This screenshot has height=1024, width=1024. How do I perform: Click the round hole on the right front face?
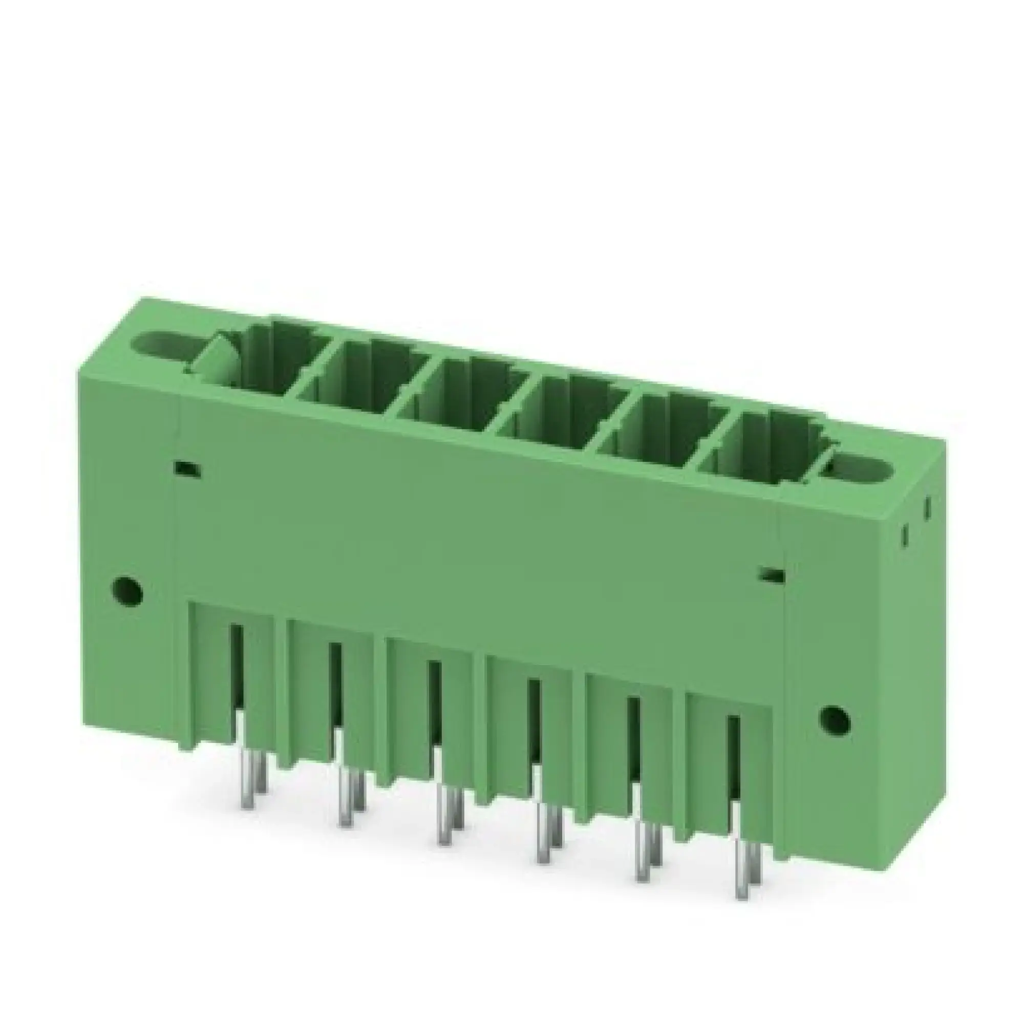834,720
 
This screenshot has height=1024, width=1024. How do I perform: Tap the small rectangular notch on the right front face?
771,574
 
